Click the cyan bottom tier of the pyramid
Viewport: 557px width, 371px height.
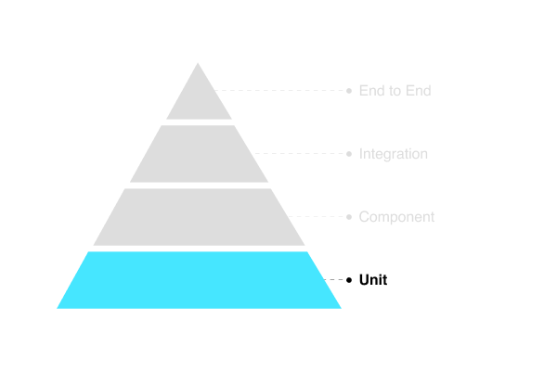tap(199, 280)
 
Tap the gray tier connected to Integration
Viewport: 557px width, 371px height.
tap(199, 154)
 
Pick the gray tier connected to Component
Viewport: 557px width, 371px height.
tap(199, 217)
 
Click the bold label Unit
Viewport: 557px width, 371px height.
tap(373, 280)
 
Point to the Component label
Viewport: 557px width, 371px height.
tap(396, 217)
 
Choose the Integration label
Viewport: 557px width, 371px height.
tap(394, 154)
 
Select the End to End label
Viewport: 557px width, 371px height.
tap(395, 91)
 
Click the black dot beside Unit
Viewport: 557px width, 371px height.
tap(349, 280)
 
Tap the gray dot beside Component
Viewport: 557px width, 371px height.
tap(349, 217)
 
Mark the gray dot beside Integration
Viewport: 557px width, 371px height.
tap(349, 154)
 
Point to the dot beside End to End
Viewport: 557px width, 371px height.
tap(349, 91)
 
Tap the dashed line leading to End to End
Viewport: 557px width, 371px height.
tap(278, 91)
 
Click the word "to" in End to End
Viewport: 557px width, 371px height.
tap(395, 91)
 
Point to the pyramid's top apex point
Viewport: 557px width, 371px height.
tap(199, 64)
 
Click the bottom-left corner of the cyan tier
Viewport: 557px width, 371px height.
tap(58, 308)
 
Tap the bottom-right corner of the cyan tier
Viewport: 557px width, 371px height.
tap(340, 308)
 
